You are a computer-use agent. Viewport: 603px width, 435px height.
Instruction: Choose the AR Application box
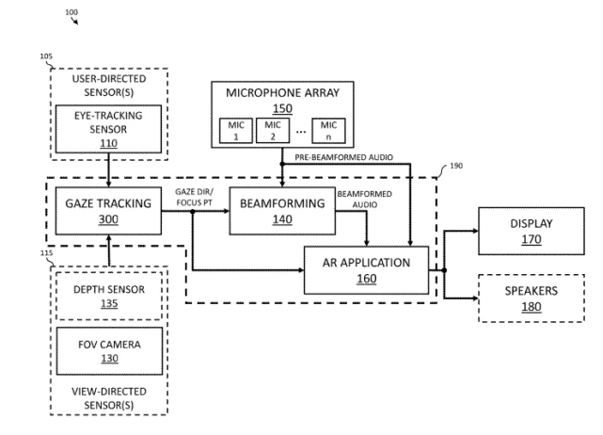(366, 270)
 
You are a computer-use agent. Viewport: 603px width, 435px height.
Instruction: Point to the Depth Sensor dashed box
(109, 294)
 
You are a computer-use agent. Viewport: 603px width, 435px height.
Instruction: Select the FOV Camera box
(109, 350)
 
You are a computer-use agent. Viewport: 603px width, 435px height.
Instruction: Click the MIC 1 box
(233, 130)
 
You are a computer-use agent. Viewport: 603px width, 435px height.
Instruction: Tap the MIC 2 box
(272, 130)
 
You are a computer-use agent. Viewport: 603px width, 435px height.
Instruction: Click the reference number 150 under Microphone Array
(282, 107)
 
